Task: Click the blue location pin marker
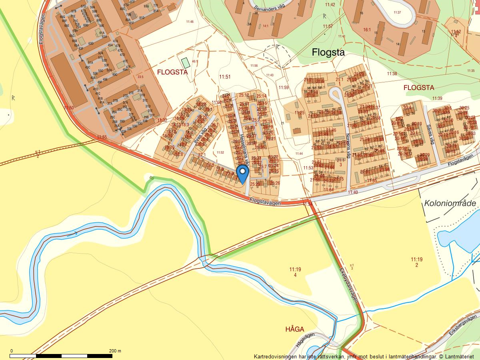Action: [x=242, y=174]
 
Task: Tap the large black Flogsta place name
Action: [x=328, y=52]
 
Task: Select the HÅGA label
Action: [x=295, y=329]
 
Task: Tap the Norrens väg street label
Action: [x=348, y=146]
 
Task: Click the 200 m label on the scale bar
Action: [x=115, y=351]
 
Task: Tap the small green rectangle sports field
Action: [x=185, y=63]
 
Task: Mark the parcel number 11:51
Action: [x=225, y=76]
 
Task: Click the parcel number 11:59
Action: [x=284, y=87]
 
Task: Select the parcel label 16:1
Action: [x=367, y=30]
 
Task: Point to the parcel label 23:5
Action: [x=140, y=76]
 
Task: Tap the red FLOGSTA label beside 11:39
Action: [x=418, y=87]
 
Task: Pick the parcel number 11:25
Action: [x=300, y=113]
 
